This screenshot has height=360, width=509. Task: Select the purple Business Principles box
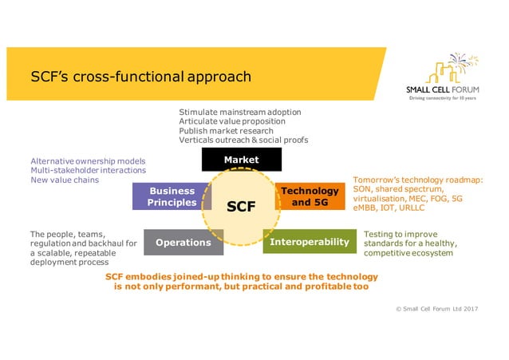[x=171, y=196]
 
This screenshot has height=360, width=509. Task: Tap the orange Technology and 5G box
[x=310, y=196]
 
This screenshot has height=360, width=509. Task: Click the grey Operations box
[x=183, y=242]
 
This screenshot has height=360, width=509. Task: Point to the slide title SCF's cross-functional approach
[x=140, y=77]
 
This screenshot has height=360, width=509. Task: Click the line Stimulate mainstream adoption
[x=239, y=112]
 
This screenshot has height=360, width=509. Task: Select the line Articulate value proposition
[x=233, y=121]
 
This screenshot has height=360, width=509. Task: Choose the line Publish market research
[x=226, y=131]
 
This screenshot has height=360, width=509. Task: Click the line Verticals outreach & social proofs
[x=243, y=140]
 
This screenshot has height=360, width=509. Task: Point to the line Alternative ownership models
[x=88, y=160]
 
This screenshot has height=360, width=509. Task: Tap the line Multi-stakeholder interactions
[x=88, y=170]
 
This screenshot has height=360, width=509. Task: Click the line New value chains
[x=65, y=180]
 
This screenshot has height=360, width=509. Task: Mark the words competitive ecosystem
[x=408, y=253]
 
